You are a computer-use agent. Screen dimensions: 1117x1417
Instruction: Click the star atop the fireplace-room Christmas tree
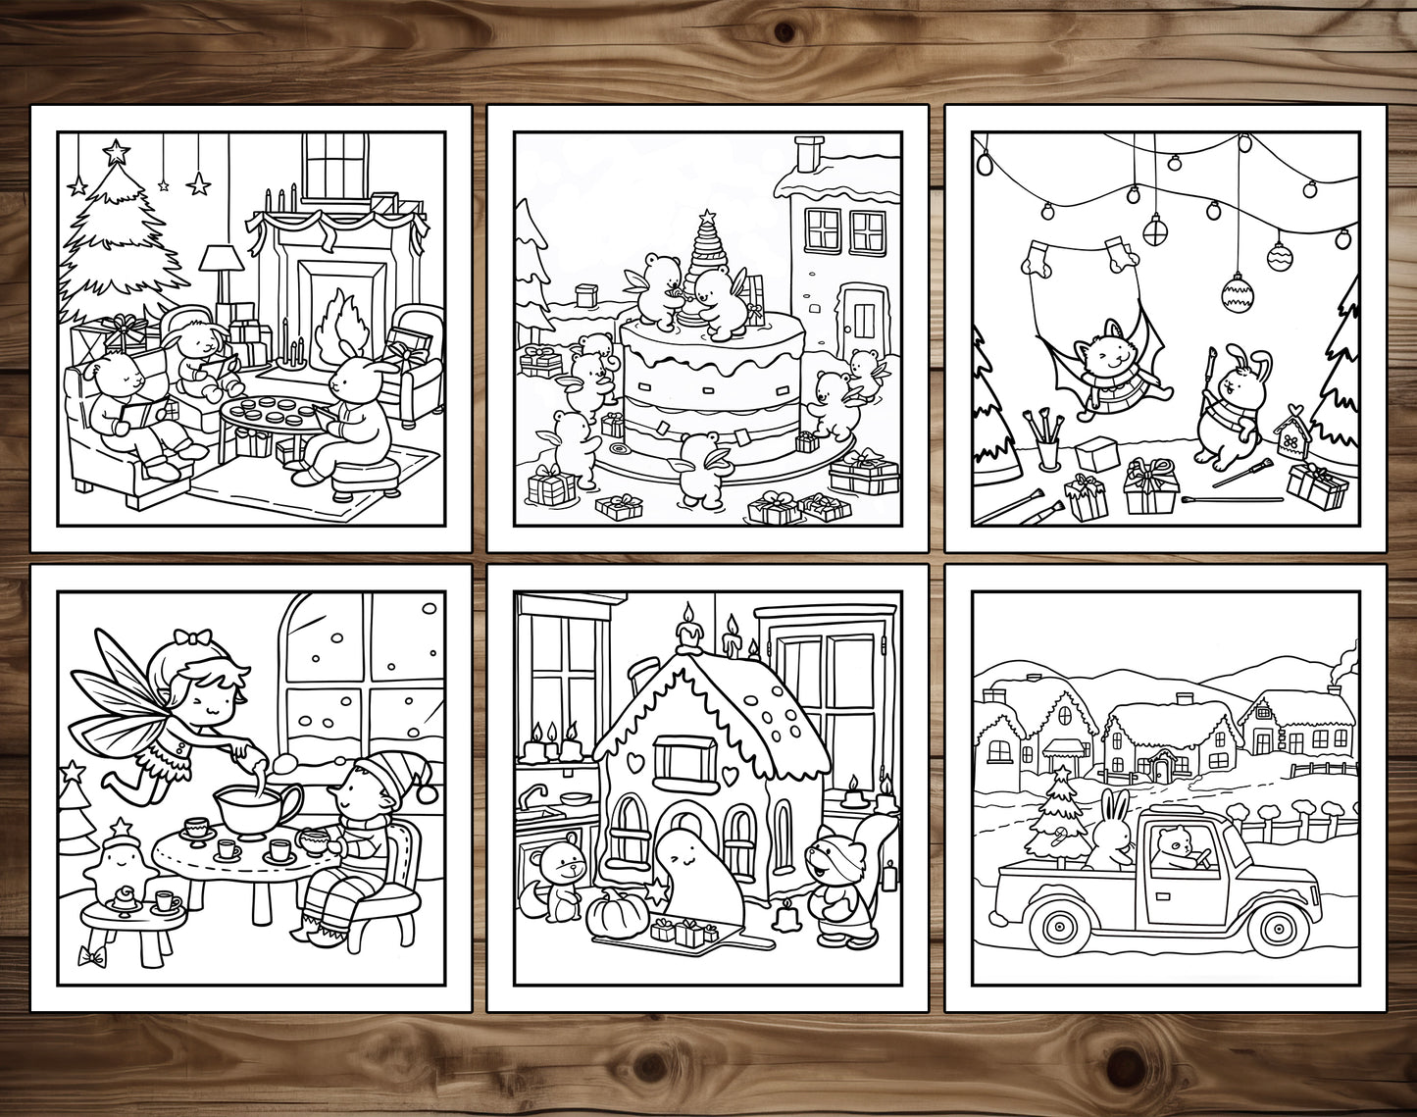[x=117, y=151]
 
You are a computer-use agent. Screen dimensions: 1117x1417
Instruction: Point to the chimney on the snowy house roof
[x=808, y=155]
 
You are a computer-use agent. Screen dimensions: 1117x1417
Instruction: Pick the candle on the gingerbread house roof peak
[x=690, y=633]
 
